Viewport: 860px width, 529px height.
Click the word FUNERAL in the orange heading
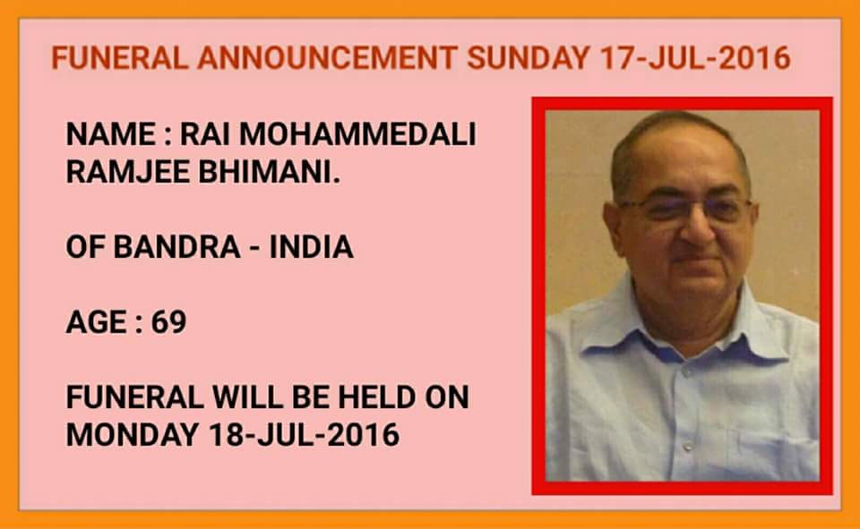pos(120,58)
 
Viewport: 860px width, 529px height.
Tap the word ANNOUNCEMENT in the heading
pos(328,58)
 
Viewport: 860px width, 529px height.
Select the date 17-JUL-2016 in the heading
pos(695,58)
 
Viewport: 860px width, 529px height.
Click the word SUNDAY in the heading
pos(529,58)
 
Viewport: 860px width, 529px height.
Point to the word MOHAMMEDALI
pos(358,134)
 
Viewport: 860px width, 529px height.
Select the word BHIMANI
pos(270,172)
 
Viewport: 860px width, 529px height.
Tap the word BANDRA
pos(176,247)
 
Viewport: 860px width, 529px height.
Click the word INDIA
pos(311,247)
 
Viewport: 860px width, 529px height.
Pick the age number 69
pos(169,321)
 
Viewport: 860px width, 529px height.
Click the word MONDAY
pos(133,435)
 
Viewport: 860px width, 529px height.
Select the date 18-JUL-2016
pos(304,435)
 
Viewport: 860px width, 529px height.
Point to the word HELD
pos(376,397)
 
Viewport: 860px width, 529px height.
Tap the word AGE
pos(97,321)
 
